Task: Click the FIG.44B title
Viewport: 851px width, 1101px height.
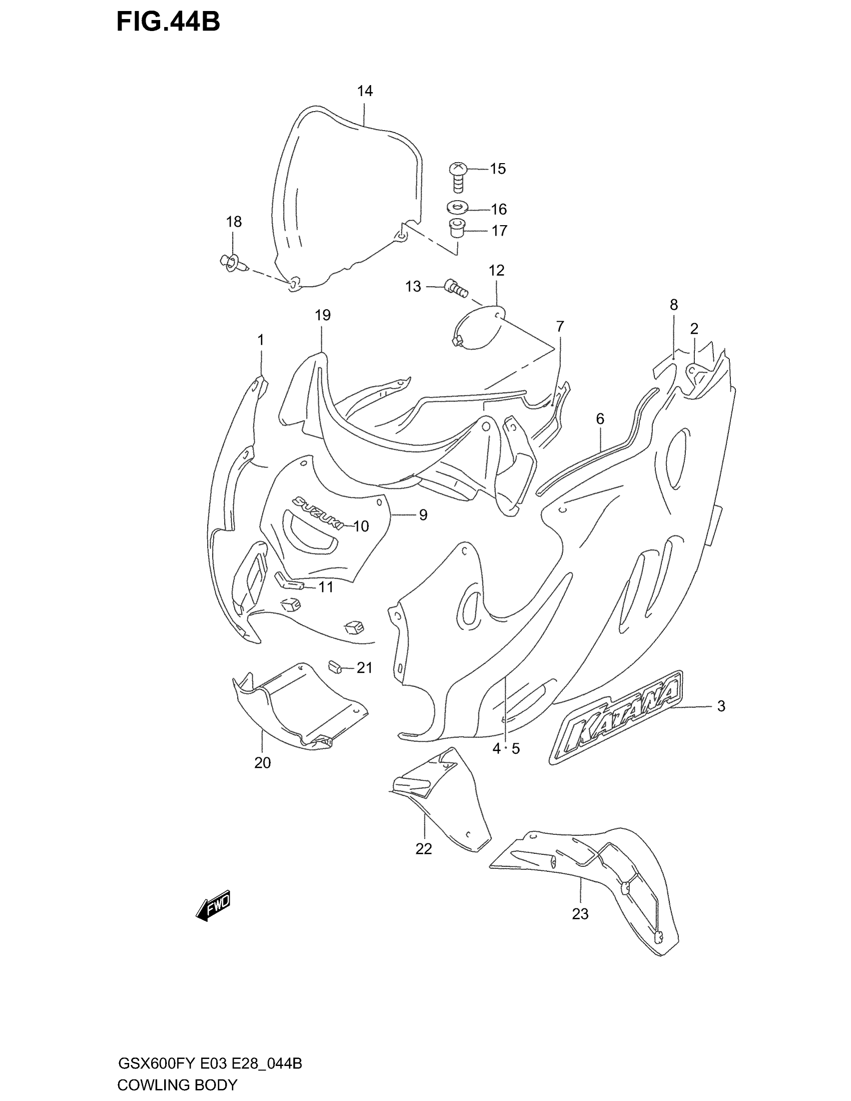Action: (x=168, y=22)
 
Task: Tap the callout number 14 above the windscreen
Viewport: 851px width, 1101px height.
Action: (x=364, y=91)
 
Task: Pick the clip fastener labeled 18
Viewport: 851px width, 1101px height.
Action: (x=232, y=263)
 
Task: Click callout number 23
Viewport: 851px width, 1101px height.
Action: (x=580, y=914)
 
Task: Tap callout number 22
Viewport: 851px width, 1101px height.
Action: (x=423, y=849)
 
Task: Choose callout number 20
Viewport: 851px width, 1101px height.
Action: (x=262, y=763)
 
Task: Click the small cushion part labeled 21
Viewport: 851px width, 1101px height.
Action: (x=335, y=669)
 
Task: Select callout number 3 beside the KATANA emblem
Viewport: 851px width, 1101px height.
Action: (x=721, y=707)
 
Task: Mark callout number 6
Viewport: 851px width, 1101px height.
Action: (x=600, y=419)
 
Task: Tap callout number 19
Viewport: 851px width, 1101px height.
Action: (x=323, y=316)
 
